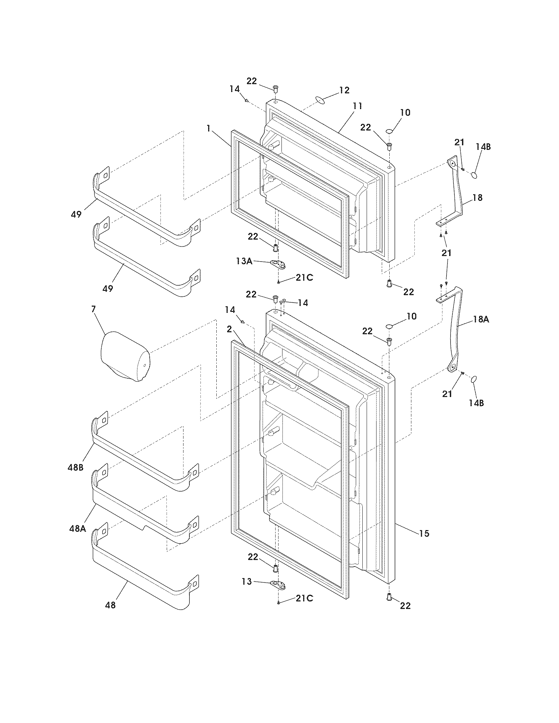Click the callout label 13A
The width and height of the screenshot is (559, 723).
tap(244, 261)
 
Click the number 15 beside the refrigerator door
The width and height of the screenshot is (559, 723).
tap(424, 533)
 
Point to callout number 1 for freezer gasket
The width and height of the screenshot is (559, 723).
tap(208, 128)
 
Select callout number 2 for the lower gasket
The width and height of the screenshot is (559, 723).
tap(229, 329)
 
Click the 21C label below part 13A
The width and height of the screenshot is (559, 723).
tap(304, 278)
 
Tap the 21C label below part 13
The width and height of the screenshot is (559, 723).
tap(304, 598)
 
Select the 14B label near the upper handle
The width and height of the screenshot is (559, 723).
tap(483, 147)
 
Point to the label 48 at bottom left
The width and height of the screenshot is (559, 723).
tap(110, 605)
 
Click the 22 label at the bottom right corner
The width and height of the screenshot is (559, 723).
tap(405, 605)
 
